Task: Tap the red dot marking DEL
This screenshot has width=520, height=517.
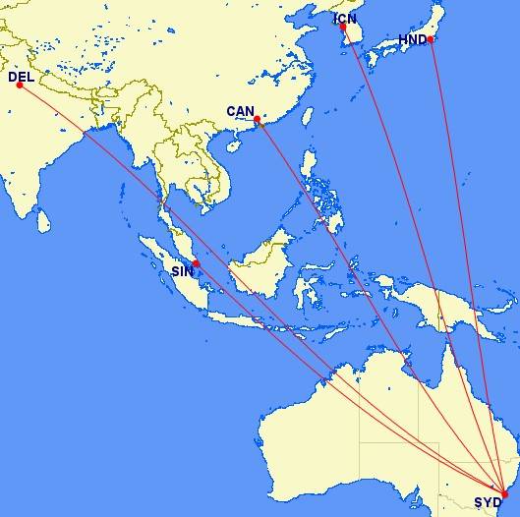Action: (20, 86)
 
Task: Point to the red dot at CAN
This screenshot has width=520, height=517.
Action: (258, 120)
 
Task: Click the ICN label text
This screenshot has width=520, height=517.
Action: (346, 18)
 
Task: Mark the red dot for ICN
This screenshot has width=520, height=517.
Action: (344, 28)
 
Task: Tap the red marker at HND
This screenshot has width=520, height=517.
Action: (432, 39)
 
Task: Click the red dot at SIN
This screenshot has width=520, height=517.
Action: (197, 263)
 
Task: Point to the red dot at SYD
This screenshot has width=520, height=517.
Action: (504, 495)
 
